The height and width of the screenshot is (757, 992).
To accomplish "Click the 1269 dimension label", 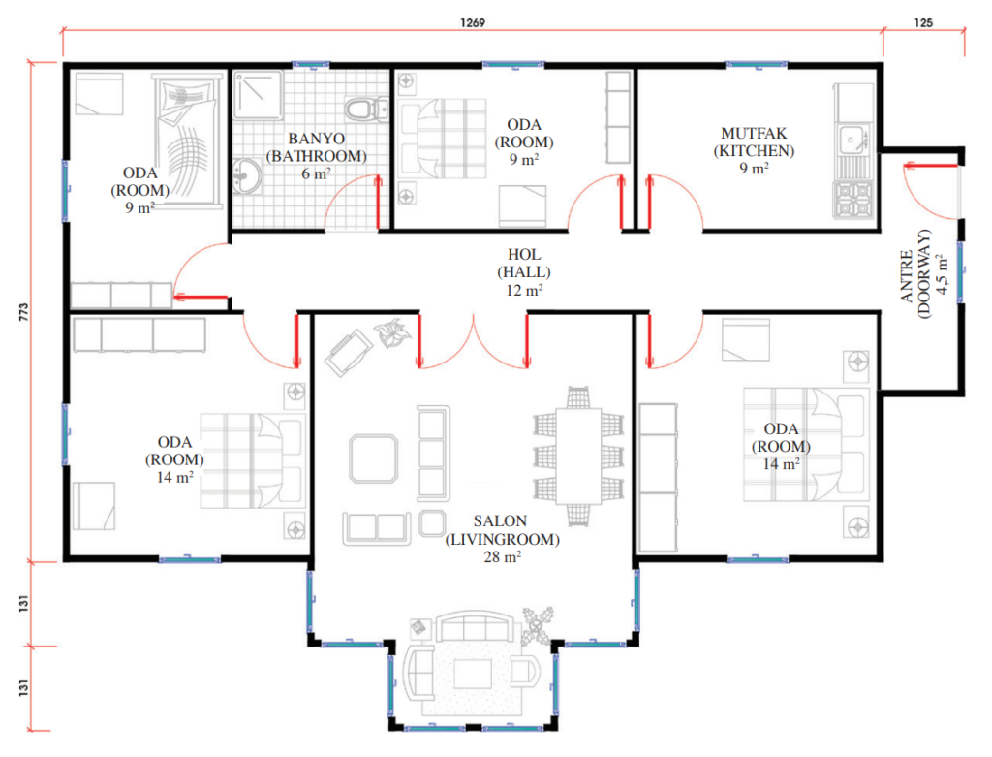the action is pos(473,23).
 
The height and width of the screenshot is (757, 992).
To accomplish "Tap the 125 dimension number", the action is pos(923,23).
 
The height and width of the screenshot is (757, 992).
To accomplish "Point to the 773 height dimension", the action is pos(24,311).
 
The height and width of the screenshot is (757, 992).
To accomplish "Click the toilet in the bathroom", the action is pos(366,109).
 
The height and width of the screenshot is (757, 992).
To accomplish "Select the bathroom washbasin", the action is pos(247,176).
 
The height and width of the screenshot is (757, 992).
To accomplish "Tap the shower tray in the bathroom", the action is pos(258,95).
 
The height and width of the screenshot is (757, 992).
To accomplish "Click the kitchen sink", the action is pos(853,140).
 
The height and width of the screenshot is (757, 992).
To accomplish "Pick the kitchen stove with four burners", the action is pos(853,200).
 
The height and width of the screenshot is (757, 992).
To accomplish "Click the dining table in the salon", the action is pos(578,456).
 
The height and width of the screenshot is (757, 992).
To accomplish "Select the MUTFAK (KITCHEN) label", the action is pos(754,142).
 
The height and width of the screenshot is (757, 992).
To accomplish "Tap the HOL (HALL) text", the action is pos(524,264).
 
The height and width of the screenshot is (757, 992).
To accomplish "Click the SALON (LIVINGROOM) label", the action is pos(502,530).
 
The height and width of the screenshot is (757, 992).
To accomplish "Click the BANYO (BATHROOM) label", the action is pos(317,147).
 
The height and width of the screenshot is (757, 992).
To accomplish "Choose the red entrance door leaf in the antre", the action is pos(931,167).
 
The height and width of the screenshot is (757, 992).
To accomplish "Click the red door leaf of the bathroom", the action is pos(379,202).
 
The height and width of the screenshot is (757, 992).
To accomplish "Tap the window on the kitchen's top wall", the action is pos(756,65).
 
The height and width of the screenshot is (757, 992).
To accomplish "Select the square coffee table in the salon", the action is pos(373,458).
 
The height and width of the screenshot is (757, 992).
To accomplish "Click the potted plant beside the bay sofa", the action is pos(537,625).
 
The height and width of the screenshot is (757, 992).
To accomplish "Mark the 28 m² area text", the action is pos(503,557).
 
